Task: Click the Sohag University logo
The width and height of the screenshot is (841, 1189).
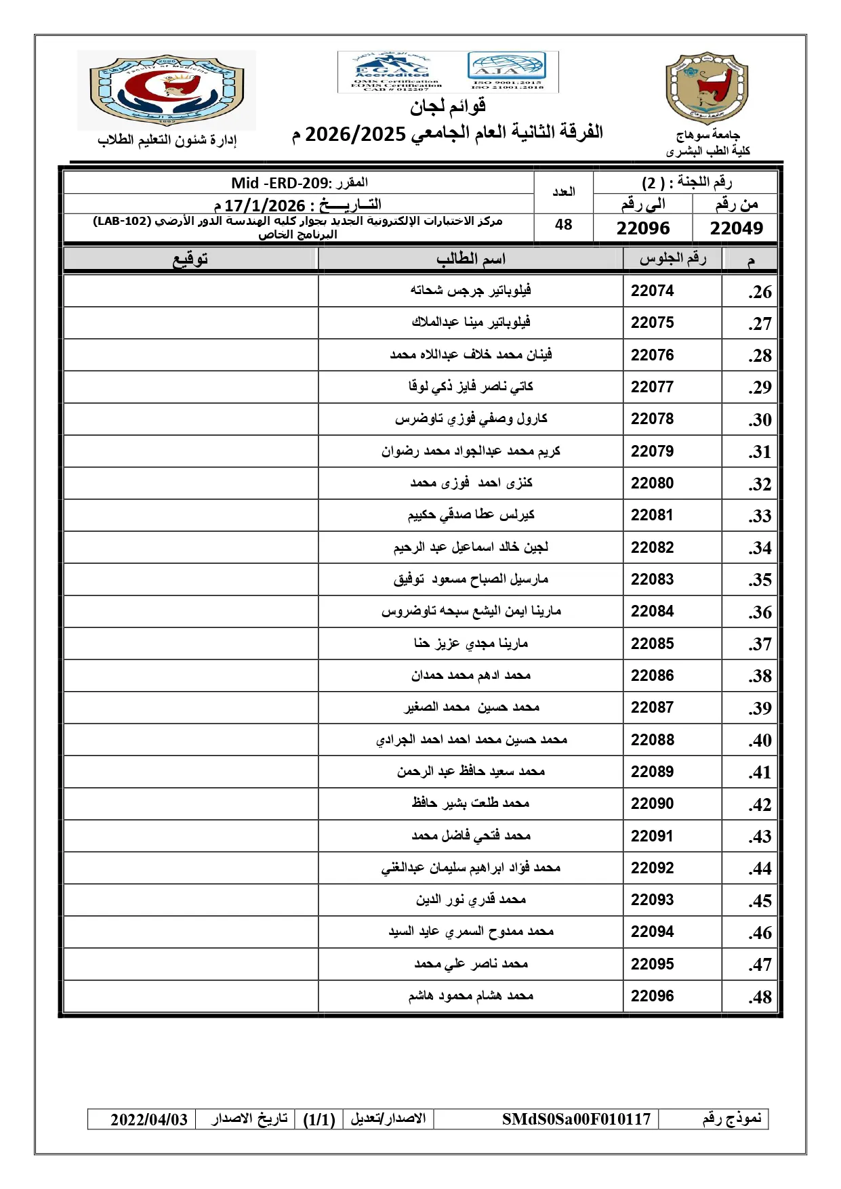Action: click(x=707, y=88)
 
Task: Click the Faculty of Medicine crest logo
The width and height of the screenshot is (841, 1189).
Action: click(x=166, y=90)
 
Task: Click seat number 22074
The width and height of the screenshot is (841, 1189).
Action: click(x=652, y=291)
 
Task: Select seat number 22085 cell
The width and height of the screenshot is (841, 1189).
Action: click(x=652, y=644)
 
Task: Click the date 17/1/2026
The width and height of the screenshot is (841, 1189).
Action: click(x=264, y=205)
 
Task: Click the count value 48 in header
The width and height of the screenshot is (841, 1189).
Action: click(x=563, y=225)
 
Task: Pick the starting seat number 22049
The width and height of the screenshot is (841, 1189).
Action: click(x=736, y=228)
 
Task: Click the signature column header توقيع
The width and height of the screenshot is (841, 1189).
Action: click(x=190, y=259)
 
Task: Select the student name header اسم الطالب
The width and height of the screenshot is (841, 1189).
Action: click(x=470, y=259)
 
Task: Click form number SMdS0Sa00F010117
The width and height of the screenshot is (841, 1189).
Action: click(x=576, y=1119)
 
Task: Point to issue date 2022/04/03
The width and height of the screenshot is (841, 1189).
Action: click(x=149, y=1120)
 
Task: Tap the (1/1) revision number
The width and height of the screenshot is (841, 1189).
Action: click(x=319, y=1120)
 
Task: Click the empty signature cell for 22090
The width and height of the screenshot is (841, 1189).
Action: click(x=190, y=804)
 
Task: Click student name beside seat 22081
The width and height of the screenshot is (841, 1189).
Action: click(x=470, y=515)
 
